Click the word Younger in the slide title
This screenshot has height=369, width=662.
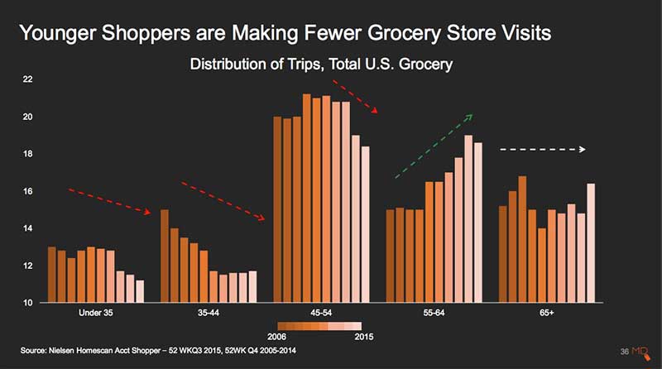(x=58, y=33)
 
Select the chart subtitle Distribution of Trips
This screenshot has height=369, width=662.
(x=255, y=65)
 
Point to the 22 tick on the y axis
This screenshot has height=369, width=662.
(x=27, y=79)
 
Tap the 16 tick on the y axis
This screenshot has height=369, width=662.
(x=27, y=191)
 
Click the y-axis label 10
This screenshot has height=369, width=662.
(x=27, y=303)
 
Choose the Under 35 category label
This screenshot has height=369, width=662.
(x=96, y=313)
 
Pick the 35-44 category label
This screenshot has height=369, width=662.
(x=209, y=313)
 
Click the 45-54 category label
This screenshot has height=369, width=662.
(x=321, y=313)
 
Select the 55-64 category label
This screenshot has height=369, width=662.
(x=434, y=313)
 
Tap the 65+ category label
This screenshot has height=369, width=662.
(x=547, y=313)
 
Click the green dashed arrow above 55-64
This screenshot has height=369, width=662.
(x=434, y=146)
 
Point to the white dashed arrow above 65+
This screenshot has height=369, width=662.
(x=543, y=149)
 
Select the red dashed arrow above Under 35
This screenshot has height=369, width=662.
(x=110, y=202)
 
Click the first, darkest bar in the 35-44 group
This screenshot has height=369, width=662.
(x=165, y=256)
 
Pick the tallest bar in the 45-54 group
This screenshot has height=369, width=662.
(x=306, y=198)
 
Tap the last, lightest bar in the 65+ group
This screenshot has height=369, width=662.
(x=591, y=242)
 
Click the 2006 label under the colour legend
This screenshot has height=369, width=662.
(x=276, y=337)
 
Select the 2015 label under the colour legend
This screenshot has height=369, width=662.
(x=364, y=337)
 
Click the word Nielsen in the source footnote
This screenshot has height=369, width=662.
(x=61, y=351)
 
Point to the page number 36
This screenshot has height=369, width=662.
(x=625, y=352)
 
